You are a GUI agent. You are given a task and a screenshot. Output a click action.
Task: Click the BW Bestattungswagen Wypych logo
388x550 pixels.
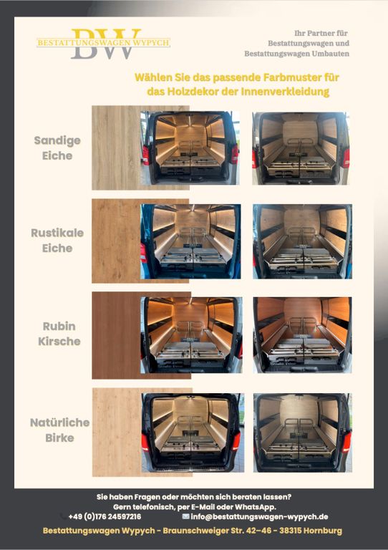[x=103, y=44]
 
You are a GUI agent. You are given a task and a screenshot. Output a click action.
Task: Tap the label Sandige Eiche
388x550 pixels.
[x=57, y=148]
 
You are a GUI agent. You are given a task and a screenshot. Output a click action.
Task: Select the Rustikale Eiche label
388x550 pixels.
[x=57, y=241]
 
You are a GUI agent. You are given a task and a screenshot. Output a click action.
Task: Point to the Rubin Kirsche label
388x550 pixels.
[x=59, y=334]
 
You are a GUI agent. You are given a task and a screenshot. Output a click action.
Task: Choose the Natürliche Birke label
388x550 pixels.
[x=59, y=430]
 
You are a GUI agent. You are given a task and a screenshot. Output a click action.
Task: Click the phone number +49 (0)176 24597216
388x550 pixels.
[x=105, y=516]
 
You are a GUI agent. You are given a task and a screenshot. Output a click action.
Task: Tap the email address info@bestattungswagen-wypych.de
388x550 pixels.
[x=259, y=516]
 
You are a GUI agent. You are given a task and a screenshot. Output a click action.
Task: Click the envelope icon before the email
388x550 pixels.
[x=185, y=516]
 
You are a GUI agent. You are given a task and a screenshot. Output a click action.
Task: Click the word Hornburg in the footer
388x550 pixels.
[x=323, y=531]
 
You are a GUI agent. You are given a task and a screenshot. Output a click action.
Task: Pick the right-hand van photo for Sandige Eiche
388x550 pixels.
[x=301, y=148]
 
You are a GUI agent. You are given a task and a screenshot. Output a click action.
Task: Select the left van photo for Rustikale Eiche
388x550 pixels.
[x=190, y=241]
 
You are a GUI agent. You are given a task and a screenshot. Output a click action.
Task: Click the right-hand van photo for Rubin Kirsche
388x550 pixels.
[x=303, y=335]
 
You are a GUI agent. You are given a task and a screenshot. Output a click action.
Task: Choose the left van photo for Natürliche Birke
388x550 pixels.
[x=193, y=433]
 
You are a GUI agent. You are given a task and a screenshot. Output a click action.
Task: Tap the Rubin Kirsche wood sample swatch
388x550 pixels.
[x=117, y=335]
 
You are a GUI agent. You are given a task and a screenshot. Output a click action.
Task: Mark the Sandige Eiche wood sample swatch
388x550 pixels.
[x=117, y=148]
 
